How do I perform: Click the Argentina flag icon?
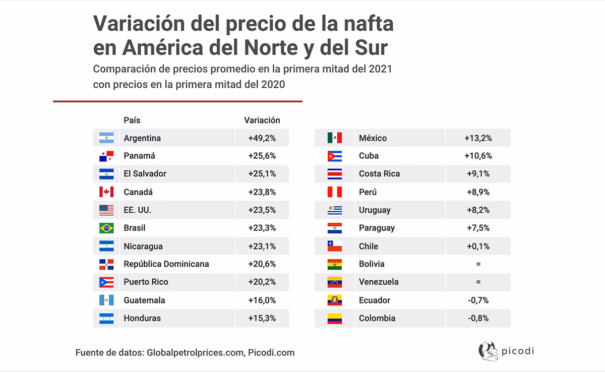pos(106,138)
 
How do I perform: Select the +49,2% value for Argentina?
pos(262,138)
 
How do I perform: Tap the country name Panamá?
pos(139,156)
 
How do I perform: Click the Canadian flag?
pos(106,192)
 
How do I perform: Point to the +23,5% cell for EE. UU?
pos(262,210)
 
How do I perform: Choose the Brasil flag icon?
pos(106,228)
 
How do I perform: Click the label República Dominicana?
pos(166,264)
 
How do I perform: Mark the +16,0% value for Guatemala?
pos(262,300)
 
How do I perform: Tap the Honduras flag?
pos(106,318)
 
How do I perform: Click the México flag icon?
pos(334,138)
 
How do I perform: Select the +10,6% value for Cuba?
pos(478,156)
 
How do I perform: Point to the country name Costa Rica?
pos(379,174)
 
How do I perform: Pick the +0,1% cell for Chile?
pos(478,246)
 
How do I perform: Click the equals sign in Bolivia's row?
pos(478,264)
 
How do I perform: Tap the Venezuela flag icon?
pos(334,282)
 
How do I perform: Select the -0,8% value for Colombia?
pos(478,318)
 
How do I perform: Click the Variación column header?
pos(262,120)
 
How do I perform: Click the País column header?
pos(132,120)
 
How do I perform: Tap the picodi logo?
pos(505,351)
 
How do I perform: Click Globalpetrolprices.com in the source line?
pos(196,353)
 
